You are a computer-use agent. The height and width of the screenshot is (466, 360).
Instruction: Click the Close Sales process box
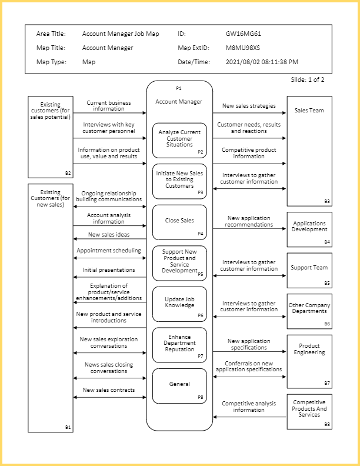pos(179,222)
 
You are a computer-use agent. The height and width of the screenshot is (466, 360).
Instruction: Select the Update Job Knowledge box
pos(179,304)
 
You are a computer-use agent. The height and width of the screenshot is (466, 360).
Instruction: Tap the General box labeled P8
pos(179,385)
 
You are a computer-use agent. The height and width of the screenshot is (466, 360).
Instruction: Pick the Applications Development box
pos(309,229)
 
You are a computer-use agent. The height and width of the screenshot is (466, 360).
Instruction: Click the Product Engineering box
pos(309,360)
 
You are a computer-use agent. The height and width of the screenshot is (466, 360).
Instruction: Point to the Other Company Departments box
pos(309,311)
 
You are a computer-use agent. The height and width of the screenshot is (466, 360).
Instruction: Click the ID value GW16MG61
pos(244,34)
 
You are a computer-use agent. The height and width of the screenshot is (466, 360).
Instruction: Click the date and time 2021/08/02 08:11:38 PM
pos(262,62)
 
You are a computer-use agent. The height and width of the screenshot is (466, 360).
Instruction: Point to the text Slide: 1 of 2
pos(308,79)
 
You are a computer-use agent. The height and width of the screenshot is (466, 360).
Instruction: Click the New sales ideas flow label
pos(109,235)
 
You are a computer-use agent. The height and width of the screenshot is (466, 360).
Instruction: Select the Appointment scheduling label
pos(109,251)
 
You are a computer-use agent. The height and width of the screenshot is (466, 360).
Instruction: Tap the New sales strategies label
pos(249,106)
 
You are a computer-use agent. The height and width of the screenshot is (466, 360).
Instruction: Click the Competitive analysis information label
pos(249,407)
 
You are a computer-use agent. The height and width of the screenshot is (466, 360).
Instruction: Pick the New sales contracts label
pos(109,390)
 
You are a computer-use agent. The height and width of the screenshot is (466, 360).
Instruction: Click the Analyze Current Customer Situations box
pos(179,140)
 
